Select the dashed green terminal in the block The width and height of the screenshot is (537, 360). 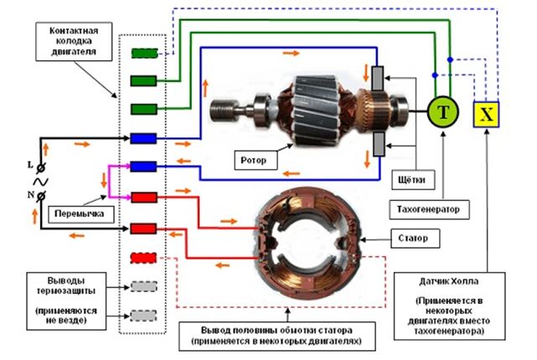pyautogui.click(x=145, y=54)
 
